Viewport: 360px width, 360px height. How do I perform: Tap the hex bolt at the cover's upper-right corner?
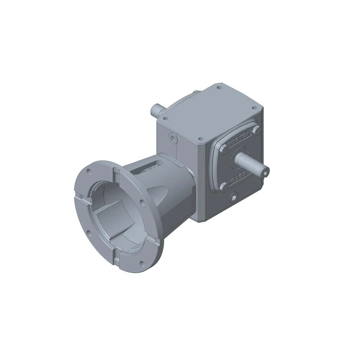pos(256,130)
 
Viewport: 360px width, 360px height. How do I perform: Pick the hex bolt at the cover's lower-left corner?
pos(224,188)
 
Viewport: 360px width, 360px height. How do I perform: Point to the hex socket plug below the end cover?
pos(233,199)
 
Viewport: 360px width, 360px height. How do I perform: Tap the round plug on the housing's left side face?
pos(172,137)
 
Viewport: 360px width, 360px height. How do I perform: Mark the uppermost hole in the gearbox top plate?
pos(219,88)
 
